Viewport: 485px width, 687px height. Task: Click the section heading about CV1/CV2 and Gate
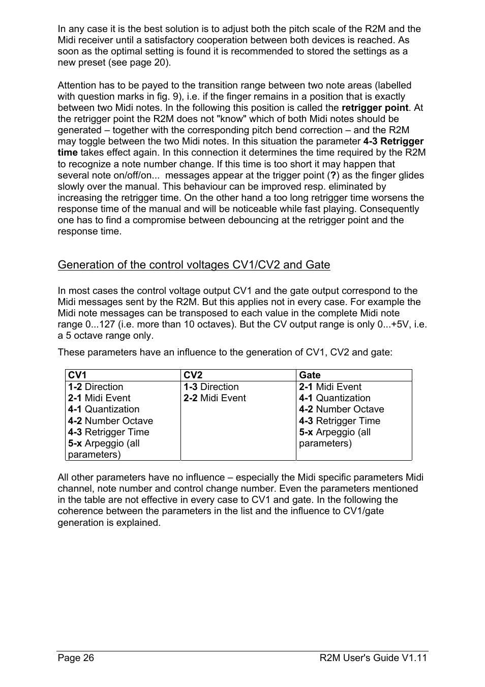tap(194, 265)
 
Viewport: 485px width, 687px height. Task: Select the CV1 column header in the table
tap(77, 375)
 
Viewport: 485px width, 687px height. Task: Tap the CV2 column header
tap(193, 375)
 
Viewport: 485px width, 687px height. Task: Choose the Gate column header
tap(310, 375)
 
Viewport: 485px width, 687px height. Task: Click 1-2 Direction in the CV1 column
tap(96, 387)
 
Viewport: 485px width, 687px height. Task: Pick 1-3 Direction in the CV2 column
tap(211, 387)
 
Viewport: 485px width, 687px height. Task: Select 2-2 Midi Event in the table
tap(215, 398)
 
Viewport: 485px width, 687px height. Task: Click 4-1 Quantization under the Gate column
tap(335, 398)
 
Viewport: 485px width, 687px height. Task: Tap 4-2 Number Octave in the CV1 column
tap(110, 421)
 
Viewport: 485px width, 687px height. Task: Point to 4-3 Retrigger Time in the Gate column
tap(340, 421)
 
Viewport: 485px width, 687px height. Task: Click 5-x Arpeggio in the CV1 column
tap(104, 443)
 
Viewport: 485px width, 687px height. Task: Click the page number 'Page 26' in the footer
tap(76, 658)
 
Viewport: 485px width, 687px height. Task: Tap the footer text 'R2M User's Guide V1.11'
tap(373, 658)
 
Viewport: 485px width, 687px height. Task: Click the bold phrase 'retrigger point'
tap(375, 108)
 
